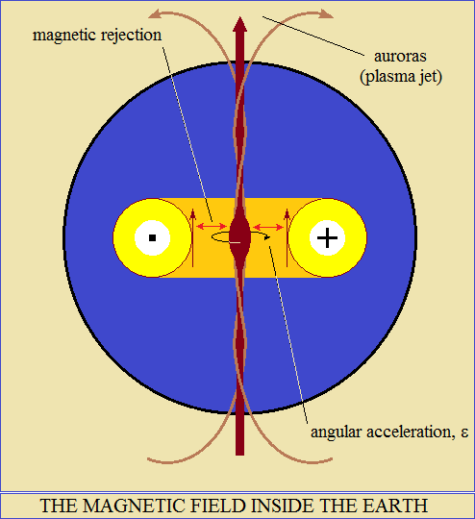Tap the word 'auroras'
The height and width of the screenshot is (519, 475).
click(x=400, y=57)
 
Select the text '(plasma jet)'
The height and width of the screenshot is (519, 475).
click(x=401, y=77)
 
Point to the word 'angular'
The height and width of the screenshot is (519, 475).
click(x=336, y=432)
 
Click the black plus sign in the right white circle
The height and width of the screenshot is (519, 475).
click(x=327, y=237)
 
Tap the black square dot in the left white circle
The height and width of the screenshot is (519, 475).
click(x=152, y=237)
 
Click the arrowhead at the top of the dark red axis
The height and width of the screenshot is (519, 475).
click(x=239, y=24)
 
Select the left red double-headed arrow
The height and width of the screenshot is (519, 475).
click(x=212, y=227)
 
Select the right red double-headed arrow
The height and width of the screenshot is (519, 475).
click(x=268, y=227)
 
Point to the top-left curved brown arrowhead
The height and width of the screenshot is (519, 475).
click(x=155, y=14)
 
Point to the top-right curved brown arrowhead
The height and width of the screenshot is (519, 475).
click(x=327, y=14)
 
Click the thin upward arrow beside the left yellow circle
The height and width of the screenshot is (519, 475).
click(x=192, y=237)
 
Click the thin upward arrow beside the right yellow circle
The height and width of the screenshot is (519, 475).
click(x=287, y=237)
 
